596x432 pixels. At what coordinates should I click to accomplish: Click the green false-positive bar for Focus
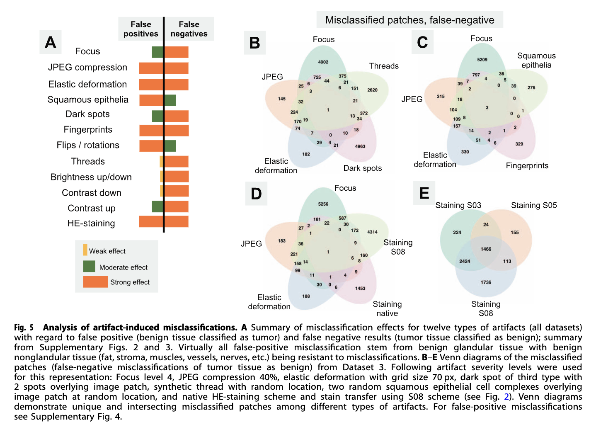click(157, 52)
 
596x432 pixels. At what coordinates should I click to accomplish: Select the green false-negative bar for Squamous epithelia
click(170, 100)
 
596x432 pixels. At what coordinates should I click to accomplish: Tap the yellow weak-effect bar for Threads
click(162, 162)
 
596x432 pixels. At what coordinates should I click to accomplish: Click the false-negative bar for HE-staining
click(177, 222)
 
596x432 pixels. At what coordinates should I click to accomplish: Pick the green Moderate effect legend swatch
click(89, 267)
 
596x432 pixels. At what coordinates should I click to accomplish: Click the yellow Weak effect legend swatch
click(85, 250)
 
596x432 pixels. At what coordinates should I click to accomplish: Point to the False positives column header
click(141, 29)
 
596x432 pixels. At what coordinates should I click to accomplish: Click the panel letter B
click(254, 43)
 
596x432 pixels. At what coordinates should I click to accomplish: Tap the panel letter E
click(424, 193)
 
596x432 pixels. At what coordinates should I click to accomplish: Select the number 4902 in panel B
click(323, 62)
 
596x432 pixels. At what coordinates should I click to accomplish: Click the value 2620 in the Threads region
click(372, 90)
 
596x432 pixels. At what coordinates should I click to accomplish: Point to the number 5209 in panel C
click(482, 60)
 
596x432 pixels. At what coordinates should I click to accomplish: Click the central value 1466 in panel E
click(486, 249)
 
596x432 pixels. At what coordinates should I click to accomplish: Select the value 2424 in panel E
click(465, 261)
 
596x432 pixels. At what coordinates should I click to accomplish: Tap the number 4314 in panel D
click(372, 232)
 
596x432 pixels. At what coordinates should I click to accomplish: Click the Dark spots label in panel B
click(362, 168)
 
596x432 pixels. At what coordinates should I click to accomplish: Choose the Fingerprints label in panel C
click(527, 166)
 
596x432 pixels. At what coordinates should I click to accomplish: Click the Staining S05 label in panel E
click(533, 205)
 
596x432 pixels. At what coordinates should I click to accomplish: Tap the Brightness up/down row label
click(91, 177)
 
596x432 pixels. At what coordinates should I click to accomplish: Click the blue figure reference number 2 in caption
click(506, 397)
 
